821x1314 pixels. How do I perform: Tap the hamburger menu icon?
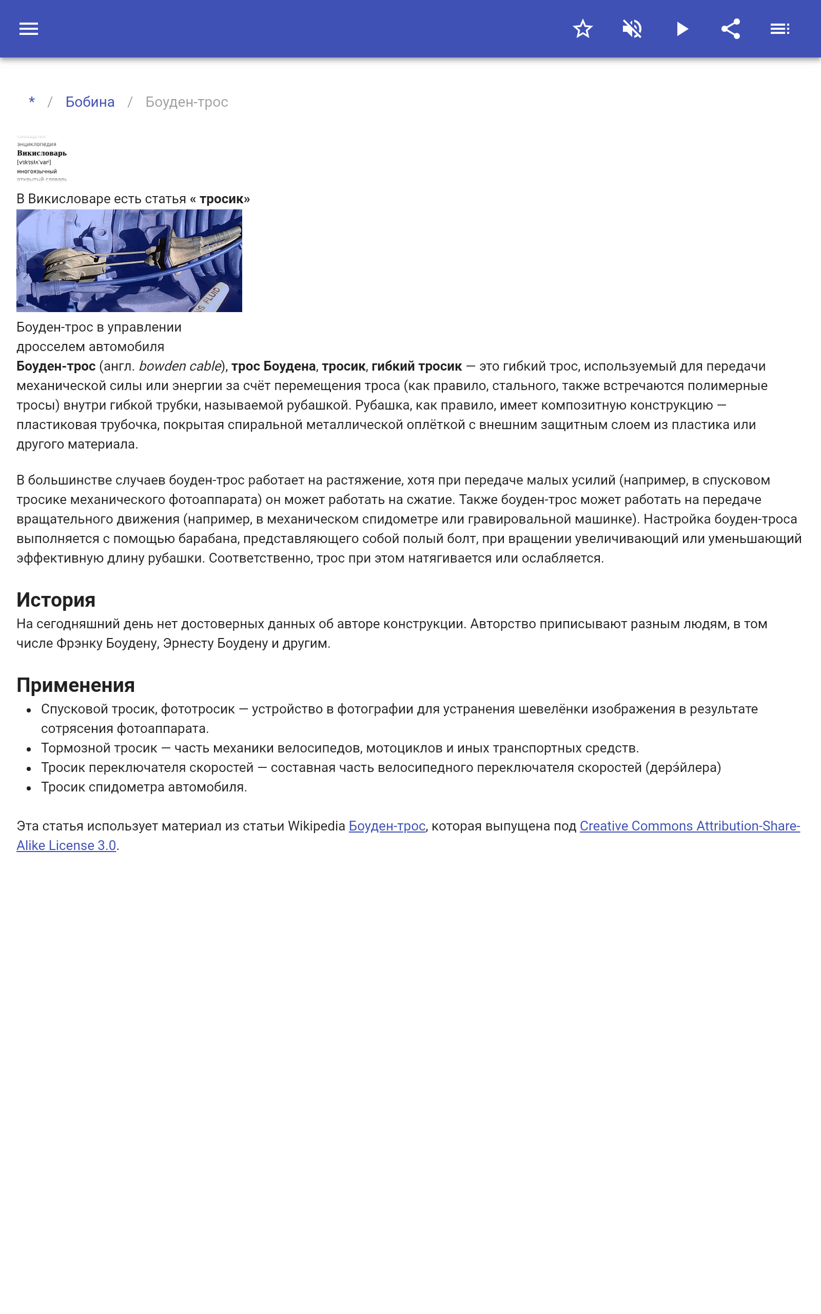pos(29,29)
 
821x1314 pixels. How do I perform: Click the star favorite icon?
pos(582,29)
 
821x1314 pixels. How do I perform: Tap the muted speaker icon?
pos(632,29)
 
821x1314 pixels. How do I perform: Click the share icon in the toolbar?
pos(731,29)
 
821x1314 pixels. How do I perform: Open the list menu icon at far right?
pos(780,29)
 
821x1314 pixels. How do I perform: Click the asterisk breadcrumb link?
pos(32,102)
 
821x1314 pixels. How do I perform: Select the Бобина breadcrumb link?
pos(90,102)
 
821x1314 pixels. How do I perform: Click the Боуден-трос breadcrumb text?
pos(186,102)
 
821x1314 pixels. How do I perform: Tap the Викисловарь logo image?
pos(42,158)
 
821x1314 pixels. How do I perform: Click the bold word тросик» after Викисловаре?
pos(224,199)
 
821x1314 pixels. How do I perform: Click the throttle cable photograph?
pos(129,261)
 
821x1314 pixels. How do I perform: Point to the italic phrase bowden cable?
pos(180,366)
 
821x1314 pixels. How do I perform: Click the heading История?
pos(56,600)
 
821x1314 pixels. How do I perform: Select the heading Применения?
pos(75,685)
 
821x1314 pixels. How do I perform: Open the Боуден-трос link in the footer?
pos(386,826)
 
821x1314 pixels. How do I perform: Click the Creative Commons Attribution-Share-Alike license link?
pos(690,826)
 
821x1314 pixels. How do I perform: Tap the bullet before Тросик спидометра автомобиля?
pos(29,788)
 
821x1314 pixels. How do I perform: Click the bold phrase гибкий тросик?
pos(417,366)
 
